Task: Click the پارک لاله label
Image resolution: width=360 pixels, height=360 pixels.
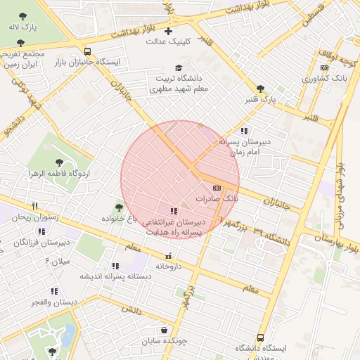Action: tap(22, 27)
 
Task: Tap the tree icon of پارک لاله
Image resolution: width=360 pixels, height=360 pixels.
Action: tap(22, 15)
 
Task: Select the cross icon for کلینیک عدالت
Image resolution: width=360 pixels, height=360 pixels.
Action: tap(167, 31)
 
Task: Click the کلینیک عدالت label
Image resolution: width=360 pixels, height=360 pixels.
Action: tap(168, 41)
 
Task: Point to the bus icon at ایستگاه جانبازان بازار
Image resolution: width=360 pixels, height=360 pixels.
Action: tap(87, 51)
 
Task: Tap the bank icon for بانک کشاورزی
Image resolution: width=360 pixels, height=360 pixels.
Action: tap(324, 67)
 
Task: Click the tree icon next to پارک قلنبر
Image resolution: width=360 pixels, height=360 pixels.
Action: tap(261, 89)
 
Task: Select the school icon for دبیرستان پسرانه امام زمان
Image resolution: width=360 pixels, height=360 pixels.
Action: tap(243, 131)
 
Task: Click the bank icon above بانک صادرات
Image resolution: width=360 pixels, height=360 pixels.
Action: tap(216, 188)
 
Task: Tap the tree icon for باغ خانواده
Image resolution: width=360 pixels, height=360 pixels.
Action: tap(118, 207)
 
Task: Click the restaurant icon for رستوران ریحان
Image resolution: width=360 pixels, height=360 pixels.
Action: tap(34, 206)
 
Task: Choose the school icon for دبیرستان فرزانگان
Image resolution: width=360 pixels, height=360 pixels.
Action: tap(41, 231)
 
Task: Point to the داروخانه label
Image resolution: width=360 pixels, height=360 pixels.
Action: tap(169, 266)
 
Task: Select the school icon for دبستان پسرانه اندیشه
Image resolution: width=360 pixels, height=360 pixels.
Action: tap(115, 266)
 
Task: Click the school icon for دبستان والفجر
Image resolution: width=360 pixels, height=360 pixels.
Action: tap(54, 291)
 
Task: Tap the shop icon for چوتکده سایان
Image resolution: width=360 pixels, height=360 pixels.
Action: tap(164, 330)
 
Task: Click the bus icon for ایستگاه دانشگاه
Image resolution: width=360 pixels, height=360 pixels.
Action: tap(261, 337)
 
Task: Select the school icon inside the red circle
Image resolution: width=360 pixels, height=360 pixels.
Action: tap(174, 211)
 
